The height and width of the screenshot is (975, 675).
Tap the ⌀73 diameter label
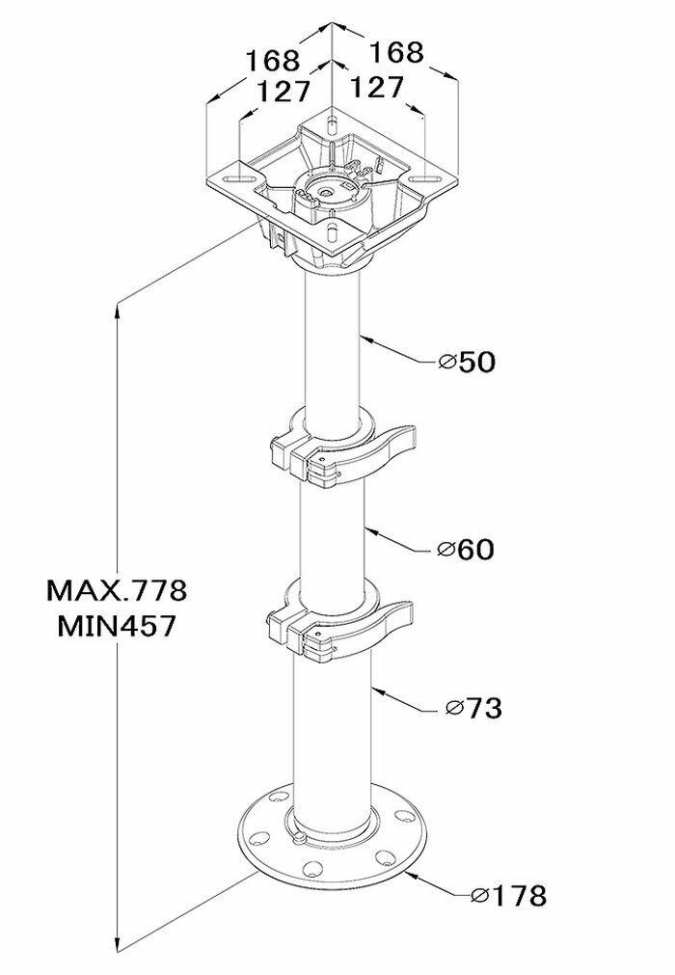[x=473, y=709]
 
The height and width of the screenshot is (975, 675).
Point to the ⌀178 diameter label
[x=508, y=896]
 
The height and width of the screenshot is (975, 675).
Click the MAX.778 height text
[x=117, y=588]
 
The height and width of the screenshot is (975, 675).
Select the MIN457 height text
[x=117, y=626]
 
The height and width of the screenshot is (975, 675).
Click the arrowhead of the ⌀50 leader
[x=364, y=338]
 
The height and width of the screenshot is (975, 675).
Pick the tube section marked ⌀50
[x=333, y=347]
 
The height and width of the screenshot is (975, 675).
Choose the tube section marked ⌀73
[x=333, y=733]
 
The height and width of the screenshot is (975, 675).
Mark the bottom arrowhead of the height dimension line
[x=117, y=945]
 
